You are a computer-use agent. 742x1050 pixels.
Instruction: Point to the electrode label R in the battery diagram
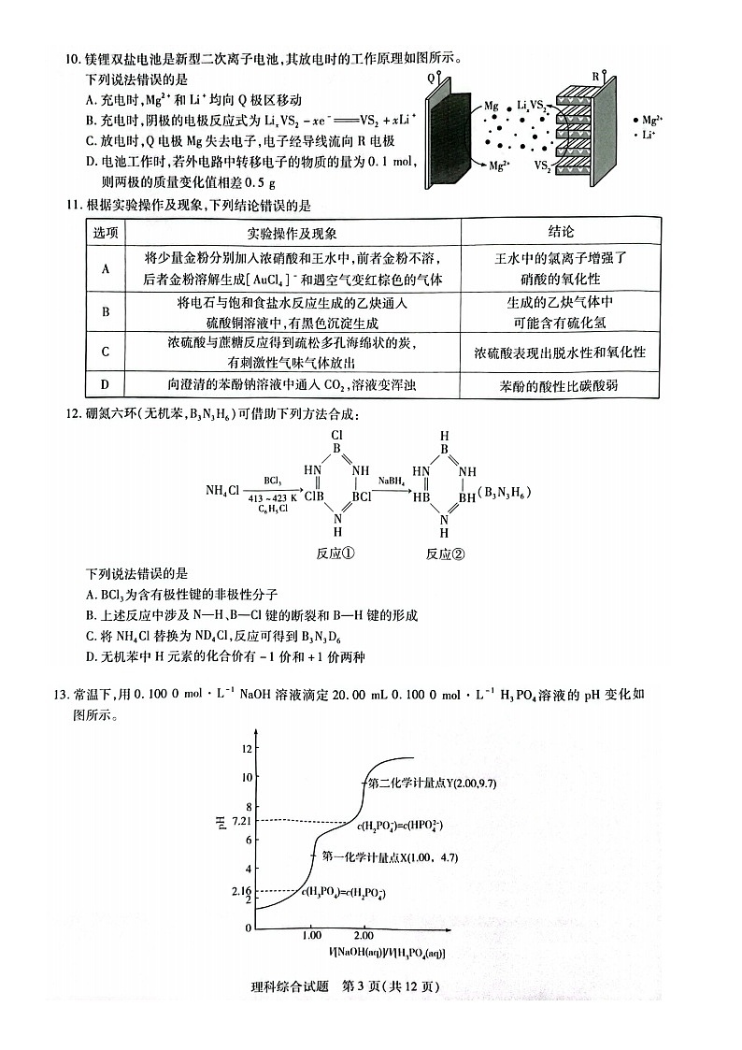[595, 76]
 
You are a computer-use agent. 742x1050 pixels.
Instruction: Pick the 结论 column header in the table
[560, 231]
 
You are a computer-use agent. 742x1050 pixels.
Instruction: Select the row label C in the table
[105, 352]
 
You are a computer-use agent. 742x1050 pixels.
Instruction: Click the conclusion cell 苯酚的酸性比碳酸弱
[560, 385]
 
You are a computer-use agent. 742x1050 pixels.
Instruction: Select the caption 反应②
[445, 554]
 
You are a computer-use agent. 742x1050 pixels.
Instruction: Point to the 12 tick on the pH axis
[247, 749]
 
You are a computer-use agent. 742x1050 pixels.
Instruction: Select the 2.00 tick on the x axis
[364, 936]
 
